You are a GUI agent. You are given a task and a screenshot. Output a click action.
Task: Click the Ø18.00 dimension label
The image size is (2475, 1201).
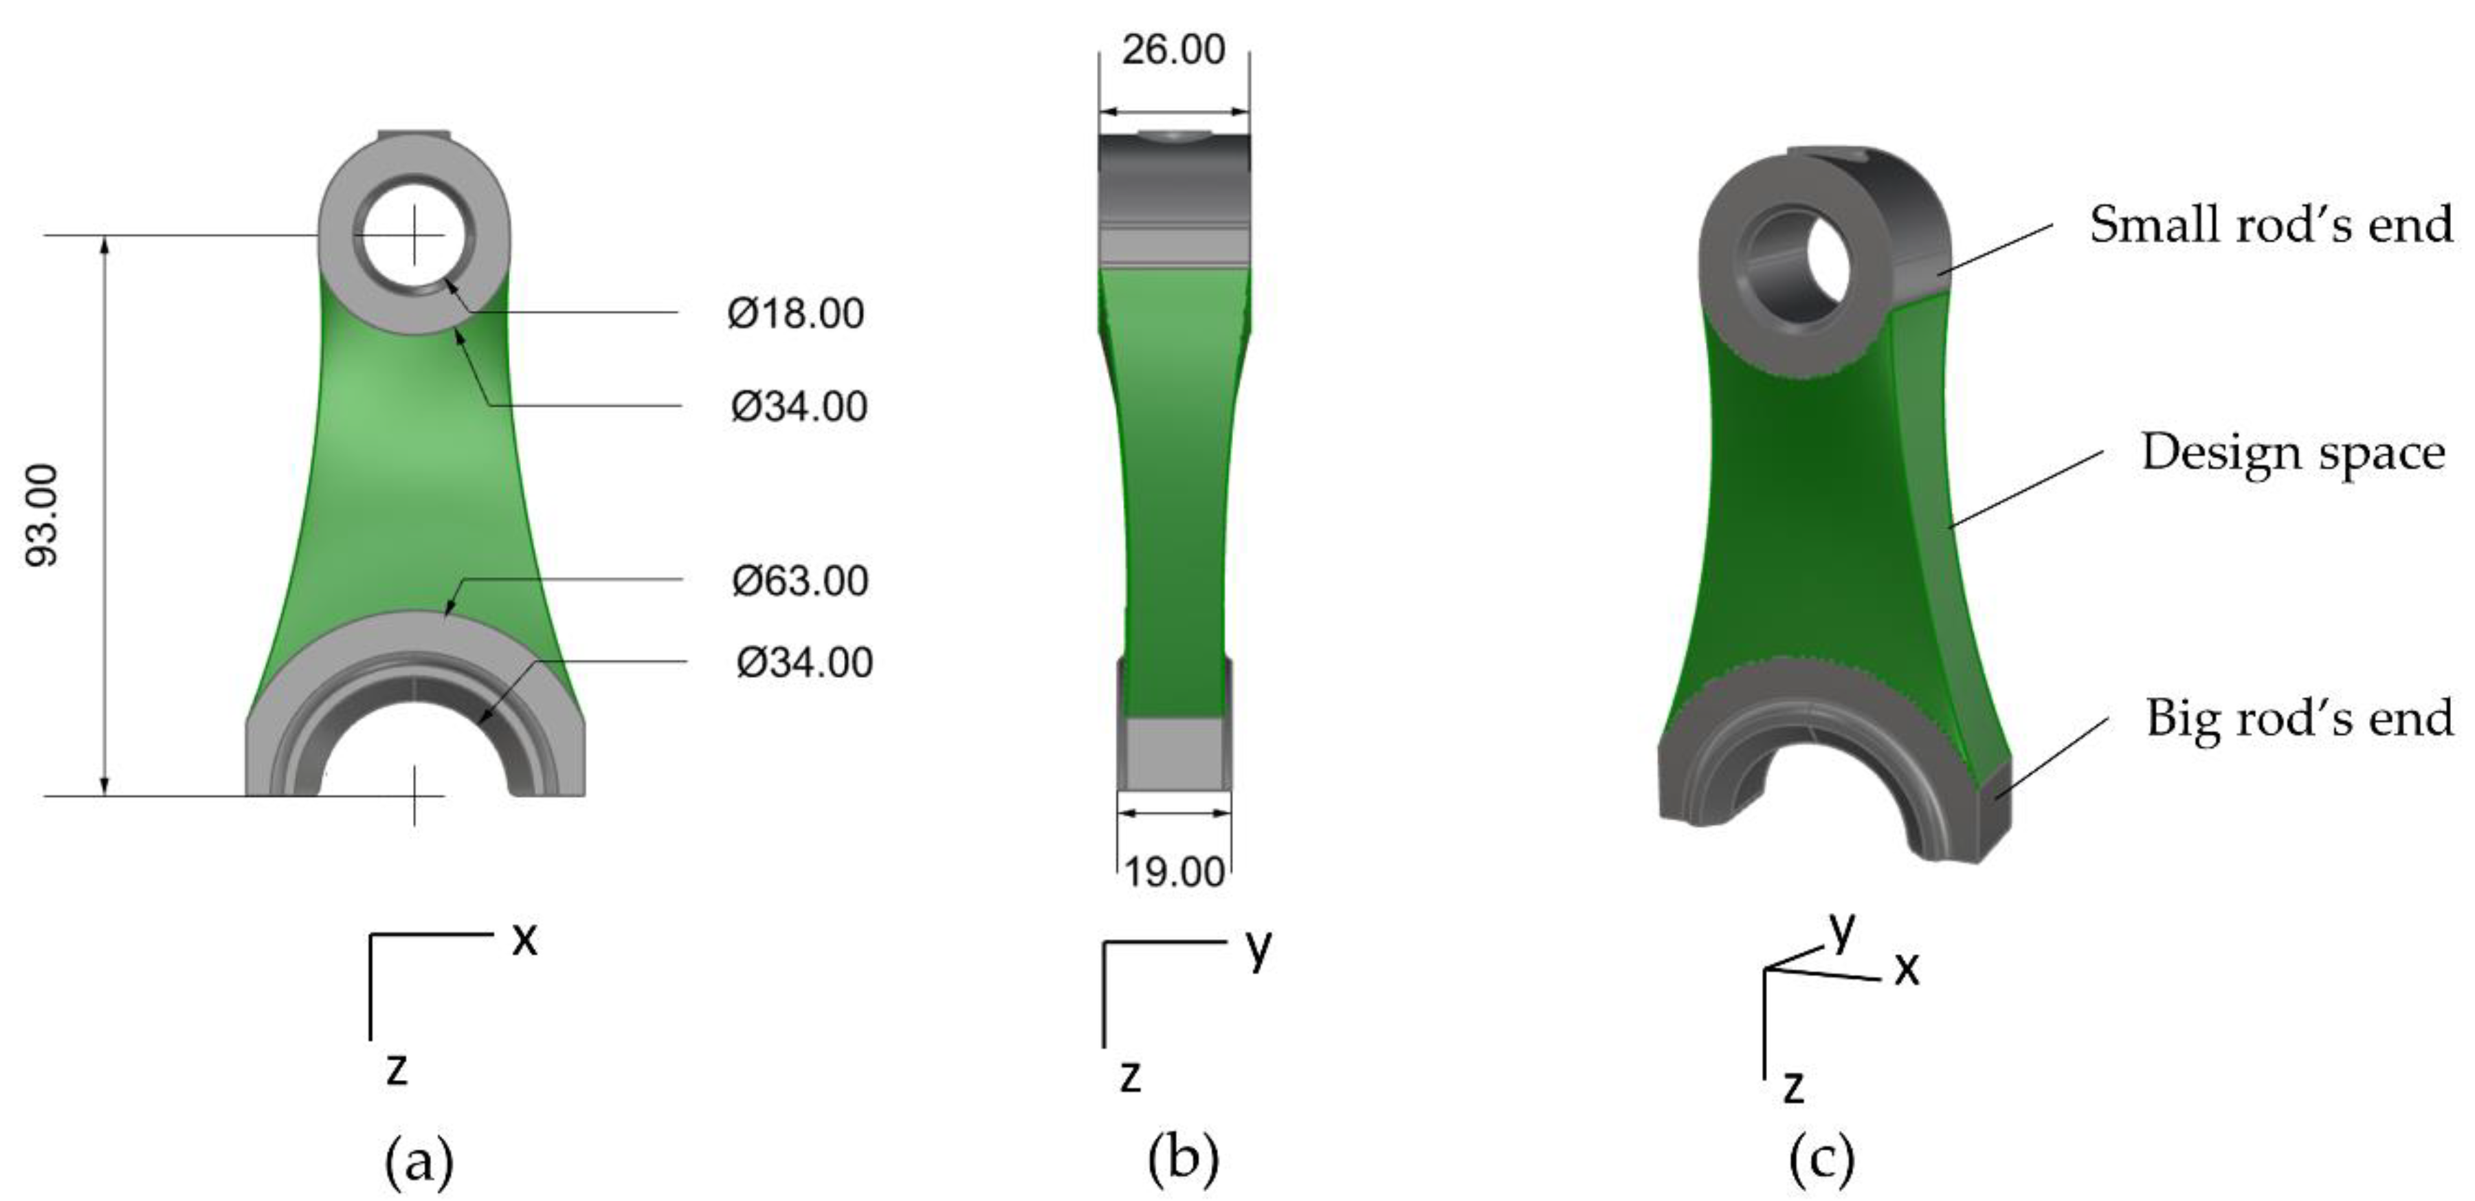(795, 314)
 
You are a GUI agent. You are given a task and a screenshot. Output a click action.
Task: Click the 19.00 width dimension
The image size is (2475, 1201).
(1174, 872)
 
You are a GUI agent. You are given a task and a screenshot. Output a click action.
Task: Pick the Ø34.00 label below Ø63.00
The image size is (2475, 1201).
(804, 663)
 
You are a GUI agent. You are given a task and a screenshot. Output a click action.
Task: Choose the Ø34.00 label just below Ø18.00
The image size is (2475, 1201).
(799, 406)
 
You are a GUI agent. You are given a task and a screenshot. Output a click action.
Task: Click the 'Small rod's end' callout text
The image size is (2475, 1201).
(2270, 224)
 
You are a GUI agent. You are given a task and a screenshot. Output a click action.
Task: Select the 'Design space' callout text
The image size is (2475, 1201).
(2292, 452)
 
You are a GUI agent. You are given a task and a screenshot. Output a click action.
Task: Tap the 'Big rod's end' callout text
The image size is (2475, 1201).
(2299, 718)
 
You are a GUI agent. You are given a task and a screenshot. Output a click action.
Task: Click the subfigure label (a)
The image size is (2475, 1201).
(418, 1160)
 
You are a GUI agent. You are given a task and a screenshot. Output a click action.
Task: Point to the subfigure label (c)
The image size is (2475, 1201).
(1821, 1159)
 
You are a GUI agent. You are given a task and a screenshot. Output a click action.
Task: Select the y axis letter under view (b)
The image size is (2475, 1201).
(1258, 949)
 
